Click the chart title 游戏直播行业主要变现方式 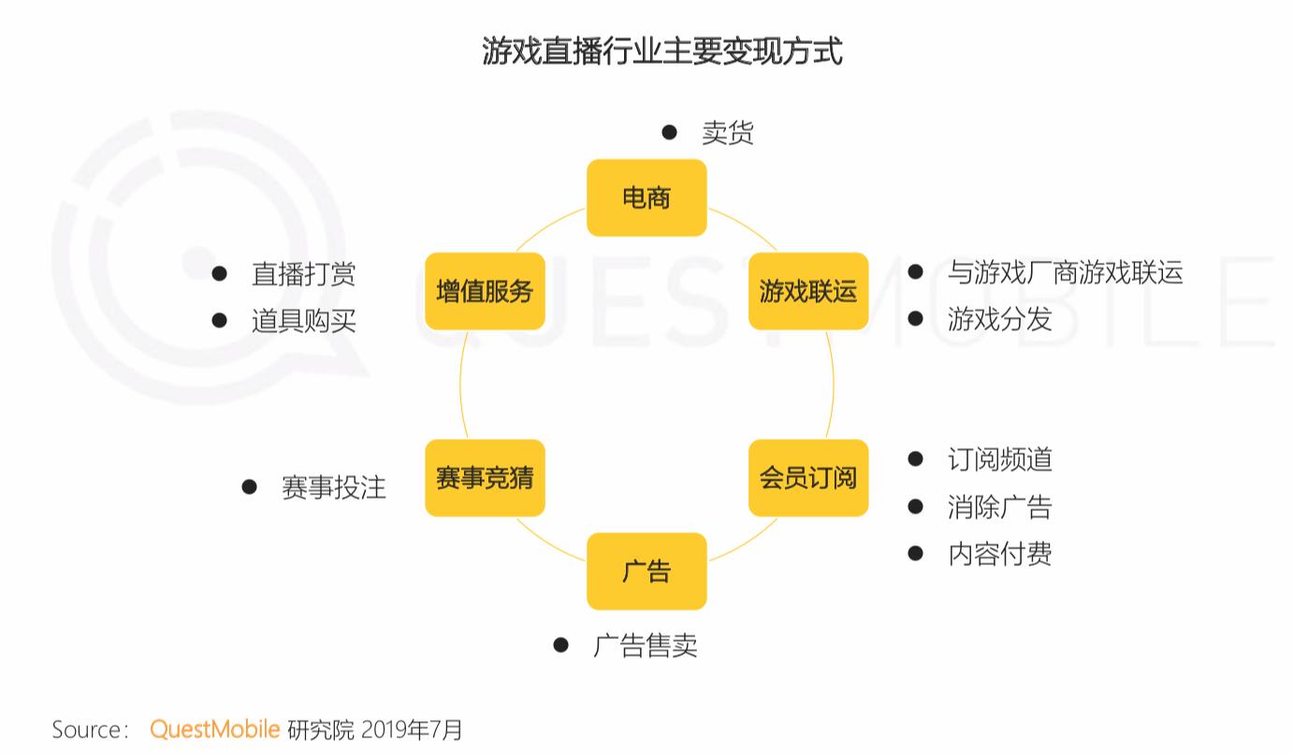[662, 51]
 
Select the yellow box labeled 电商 [646, 197]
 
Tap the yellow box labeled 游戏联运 [808, 291]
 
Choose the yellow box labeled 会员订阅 [808, 477]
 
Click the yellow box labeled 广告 [646, 571]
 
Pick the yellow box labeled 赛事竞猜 [485, 477]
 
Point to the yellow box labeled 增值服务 [485, 291]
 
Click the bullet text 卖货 [727, 133]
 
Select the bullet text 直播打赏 [304, 274]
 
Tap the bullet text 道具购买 [304, 321]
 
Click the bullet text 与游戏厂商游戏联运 [1065, 272]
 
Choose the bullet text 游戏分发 [1000, 319]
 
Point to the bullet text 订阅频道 [1000, 459]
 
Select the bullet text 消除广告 [1000, 507]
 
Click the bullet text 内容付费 [1000, 554]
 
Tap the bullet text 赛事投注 [334, 487]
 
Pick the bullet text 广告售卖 [646, 645]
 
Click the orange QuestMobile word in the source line [215, 730]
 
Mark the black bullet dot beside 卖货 [669, 132]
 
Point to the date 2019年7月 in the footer [412, 730]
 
